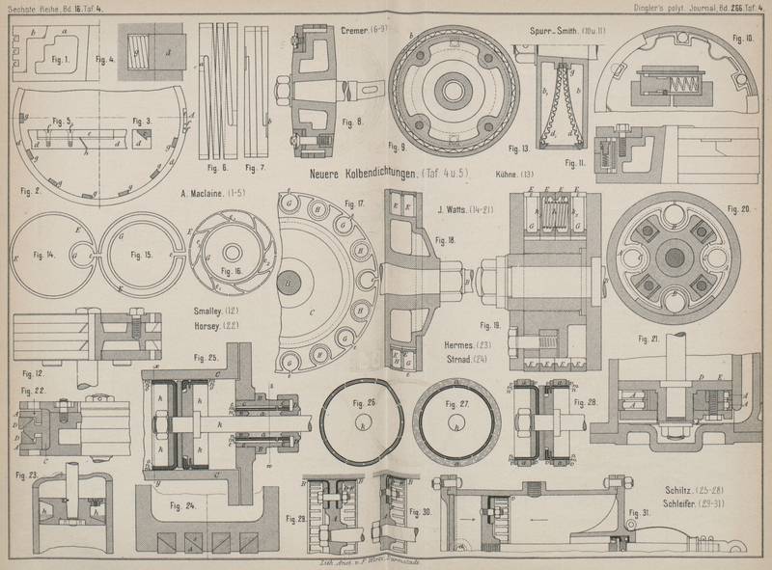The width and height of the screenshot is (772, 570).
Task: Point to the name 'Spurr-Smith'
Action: click(552, 31)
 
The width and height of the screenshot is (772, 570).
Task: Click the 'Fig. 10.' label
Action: click(743, 39)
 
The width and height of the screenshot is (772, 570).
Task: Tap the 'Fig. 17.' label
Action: click(353, 204)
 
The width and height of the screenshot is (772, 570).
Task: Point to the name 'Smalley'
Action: click(207, 311)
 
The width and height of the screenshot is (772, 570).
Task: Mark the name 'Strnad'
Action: click(455, 360)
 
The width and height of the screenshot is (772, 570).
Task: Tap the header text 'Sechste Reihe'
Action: click(31, 8)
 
